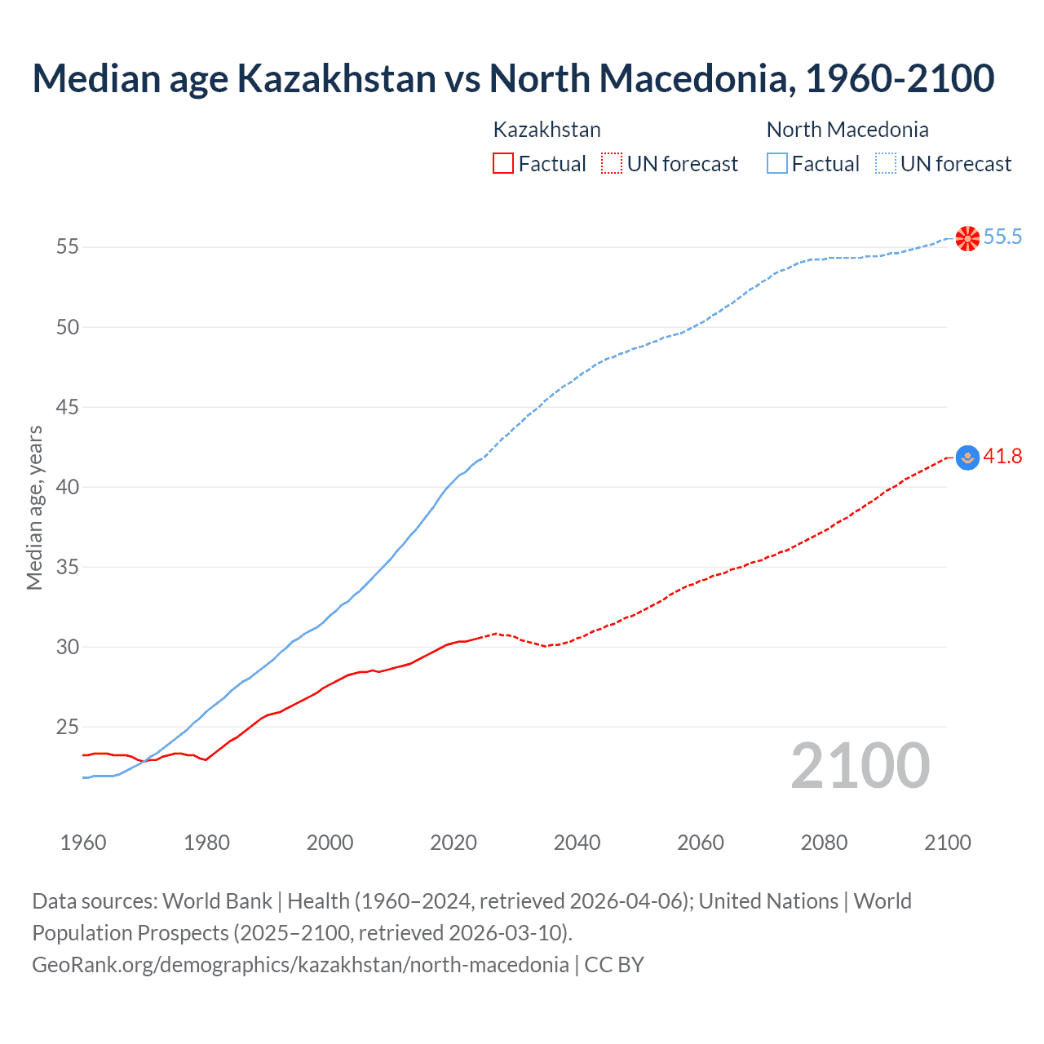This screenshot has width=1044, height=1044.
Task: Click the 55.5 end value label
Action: [1002, 237]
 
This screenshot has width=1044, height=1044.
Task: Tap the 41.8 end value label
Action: [1002, 457]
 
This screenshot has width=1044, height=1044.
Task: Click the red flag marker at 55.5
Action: [967, 238]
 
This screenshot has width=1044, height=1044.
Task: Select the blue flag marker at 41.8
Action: [967, 458]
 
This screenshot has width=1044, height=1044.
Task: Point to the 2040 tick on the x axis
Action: [577, 843]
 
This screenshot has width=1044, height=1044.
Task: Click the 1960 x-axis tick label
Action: [83, 843]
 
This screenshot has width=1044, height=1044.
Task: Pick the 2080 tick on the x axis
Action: [824, 843]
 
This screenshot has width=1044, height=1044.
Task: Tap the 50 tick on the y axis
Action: [68, 327]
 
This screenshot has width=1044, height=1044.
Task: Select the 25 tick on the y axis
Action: [68, 727]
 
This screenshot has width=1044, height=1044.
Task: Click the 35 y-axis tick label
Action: [68, 567]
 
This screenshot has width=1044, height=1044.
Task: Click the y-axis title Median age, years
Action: [34, 507]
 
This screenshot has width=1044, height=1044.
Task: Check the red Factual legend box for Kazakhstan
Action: [503, 163]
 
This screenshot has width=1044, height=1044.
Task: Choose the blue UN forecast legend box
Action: [886, 163]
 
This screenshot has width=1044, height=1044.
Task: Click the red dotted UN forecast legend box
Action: [612, 163]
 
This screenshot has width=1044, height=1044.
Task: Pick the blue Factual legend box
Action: [777, 163]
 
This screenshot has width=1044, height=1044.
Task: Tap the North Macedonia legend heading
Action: [847, 130]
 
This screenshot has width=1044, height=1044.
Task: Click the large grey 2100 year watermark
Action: [860, 765]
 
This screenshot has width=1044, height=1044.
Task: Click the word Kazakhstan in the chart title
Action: [336, 78]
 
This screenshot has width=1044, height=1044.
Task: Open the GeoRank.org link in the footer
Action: [300, 965]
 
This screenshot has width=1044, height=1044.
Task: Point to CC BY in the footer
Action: [614, 965]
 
